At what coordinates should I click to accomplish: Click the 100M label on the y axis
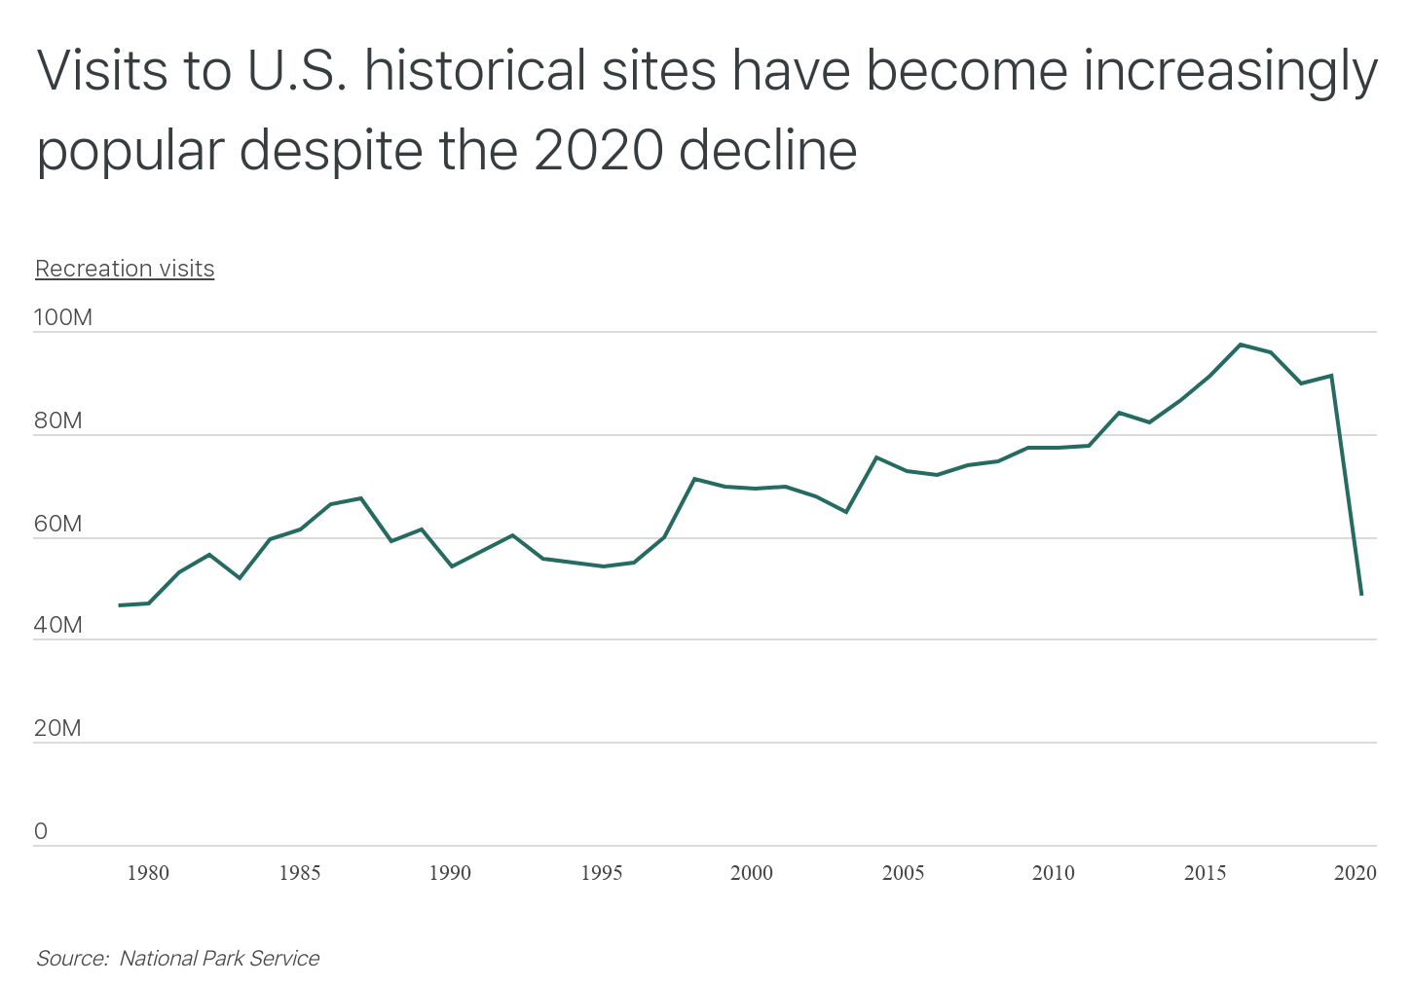pos(62,317)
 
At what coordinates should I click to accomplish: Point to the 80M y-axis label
pos(57,421)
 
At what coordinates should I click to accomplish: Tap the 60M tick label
pos(57,525)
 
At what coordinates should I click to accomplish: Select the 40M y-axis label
pos(57,626)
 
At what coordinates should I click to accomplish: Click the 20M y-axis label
pos(57,729)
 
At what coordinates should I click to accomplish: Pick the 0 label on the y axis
pos(41,832)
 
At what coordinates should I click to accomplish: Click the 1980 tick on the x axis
pos(148,873)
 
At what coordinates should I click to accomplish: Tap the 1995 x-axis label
pos(601,873)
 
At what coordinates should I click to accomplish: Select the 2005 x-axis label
pos(903,873)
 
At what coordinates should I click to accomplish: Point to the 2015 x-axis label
pos(1205,873)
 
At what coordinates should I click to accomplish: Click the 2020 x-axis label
pos(1355,873)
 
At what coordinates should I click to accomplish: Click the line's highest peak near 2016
pos(1240,345)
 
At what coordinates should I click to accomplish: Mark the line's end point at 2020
pos(1361,594)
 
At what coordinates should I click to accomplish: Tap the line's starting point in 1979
pos(120,605)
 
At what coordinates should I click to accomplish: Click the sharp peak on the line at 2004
pos(876,457)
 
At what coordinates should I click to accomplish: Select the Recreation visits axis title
pos(125,269)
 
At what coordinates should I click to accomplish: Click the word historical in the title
pos(540,72)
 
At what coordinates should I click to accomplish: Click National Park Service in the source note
pos(219,959)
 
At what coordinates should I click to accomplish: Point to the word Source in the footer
pos(70,959)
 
